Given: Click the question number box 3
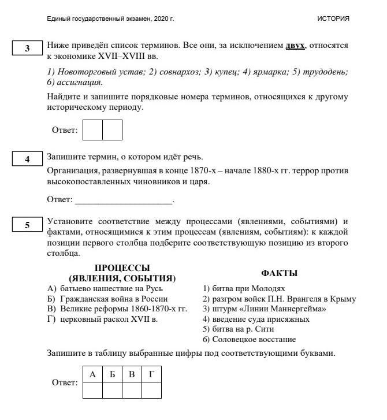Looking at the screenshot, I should pyautogui.click(x=27, y=49).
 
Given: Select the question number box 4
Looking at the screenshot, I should pyautogui.click(x=27, y=159).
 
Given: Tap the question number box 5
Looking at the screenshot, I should pyautogui.click(x=27, y=225).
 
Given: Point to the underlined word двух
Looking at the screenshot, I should pyautogui.click(x=295, y=45).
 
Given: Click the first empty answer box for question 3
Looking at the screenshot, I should pyautogui.click(x=92, y=130).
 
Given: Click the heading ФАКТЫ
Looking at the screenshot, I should pyautogui.click(x=279, y=273).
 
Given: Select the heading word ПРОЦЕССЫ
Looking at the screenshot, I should pyautogui.click(x=122, y=268).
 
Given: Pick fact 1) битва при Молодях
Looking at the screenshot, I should pyautogui.click(x=244, y=288).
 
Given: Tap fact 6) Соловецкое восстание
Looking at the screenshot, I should pyautogui.click(x=249, y=339).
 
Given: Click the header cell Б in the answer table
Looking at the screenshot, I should pyautogui.click(x=112, y=375).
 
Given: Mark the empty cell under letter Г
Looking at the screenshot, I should pyautogui.click(x=151, y=391).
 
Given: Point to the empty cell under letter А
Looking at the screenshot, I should pyautogui.click(x=92, y=391).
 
